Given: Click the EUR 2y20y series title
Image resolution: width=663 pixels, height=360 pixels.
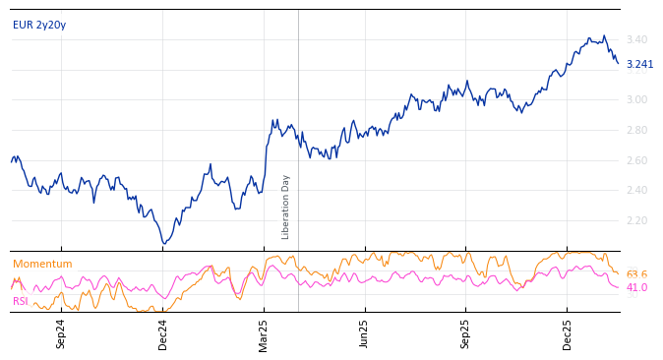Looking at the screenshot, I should [39, 25].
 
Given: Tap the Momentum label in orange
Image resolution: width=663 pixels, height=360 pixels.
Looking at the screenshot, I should [42, 264].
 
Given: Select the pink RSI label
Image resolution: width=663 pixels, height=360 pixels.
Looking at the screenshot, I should [21, 301].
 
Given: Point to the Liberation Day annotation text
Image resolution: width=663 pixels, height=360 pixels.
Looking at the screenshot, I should [286, 207].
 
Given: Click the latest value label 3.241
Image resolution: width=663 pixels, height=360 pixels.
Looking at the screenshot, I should [639, 64].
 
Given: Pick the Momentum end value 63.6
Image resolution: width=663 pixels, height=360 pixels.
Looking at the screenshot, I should [636, 274].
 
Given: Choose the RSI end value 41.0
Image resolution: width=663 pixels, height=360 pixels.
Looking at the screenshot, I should [636, 287].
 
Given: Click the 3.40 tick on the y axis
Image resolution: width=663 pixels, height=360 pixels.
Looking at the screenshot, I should [635, 39].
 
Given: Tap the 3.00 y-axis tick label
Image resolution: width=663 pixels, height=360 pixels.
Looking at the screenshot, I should [635, 99].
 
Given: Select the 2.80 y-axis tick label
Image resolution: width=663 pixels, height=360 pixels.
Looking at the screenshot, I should [635, 130].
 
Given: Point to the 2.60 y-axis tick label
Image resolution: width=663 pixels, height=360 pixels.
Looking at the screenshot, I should [635, 160].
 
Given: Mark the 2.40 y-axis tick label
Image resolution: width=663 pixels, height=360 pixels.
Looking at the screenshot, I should [635, 190].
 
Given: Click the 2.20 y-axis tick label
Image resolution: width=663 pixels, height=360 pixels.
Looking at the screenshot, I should [635, 220].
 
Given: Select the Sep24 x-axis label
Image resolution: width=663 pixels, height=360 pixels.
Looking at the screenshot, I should [61, 333].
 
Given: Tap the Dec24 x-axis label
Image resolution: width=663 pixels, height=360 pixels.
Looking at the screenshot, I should [163, 333].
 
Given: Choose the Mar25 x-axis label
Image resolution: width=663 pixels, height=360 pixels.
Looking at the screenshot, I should [264, 333].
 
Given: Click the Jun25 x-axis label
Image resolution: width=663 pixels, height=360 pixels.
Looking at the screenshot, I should [364, 333].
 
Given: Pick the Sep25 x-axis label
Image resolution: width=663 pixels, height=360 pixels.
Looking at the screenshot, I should [465, 333].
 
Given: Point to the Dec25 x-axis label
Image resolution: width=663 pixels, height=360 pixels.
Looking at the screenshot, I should [567, 333].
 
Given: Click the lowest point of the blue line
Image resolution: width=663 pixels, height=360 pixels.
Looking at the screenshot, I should [164, 243].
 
